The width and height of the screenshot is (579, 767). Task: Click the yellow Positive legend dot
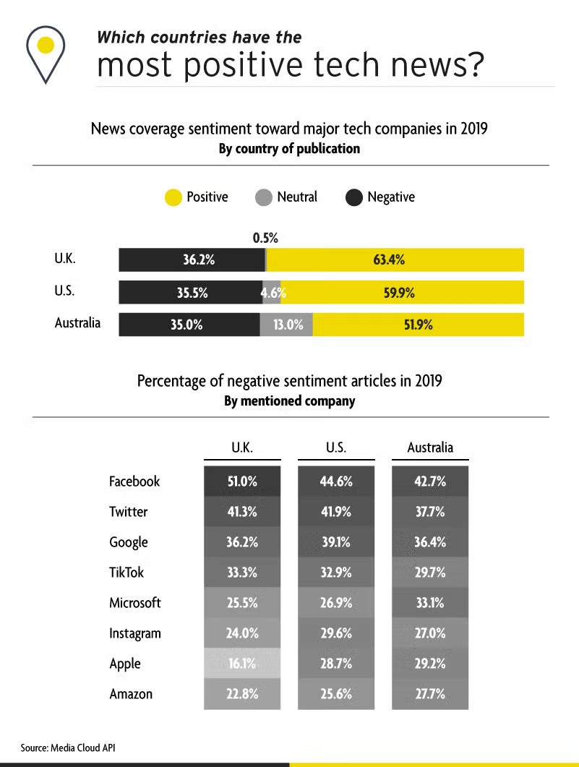pos(173,197)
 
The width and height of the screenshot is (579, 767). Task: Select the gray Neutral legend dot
pos(264,197)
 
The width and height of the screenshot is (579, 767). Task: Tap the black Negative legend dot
pos(354,197)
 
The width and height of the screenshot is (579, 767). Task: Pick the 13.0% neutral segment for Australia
pos(287,325)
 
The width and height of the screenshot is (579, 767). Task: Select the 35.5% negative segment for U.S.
pos(190,293)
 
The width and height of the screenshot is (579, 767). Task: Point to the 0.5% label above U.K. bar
pos(265,237)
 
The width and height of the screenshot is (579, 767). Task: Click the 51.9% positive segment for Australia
pos(418,325)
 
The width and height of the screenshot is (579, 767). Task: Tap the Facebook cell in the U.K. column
pos(241,481)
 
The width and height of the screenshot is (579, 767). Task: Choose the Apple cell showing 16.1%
pos(241,664)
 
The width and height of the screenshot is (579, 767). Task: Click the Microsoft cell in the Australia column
pos(429,603)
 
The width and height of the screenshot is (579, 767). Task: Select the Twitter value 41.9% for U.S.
pos(335,512)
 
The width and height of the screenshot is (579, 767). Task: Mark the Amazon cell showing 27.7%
pos(429,694)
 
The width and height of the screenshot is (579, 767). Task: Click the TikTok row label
pos(126,573)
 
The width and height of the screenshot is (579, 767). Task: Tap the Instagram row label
pos(134,634)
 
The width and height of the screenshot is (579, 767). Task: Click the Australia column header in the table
pos(430,447)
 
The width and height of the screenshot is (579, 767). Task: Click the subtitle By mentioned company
pos(289,400)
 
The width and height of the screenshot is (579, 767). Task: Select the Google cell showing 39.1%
pos(335,542)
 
